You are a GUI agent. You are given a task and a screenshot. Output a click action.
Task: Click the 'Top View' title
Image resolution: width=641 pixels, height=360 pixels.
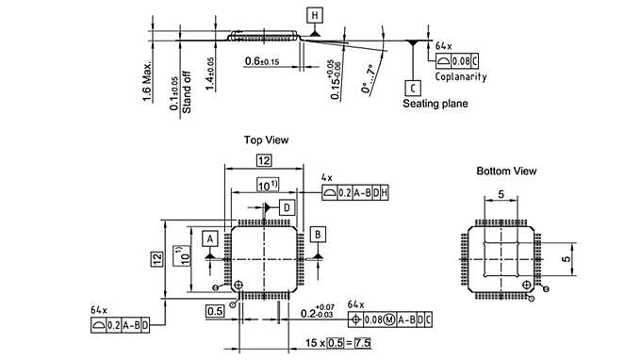click(x=266, y=139)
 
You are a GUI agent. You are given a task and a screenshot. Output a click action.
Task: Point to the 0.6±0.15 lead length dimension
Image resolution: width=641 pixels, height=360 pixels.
click(x=261, y=61)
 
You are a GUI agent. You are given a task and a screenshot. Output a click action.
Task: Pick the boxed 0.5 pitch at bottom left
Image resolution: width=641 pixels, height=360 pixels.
click(x=214, y=310)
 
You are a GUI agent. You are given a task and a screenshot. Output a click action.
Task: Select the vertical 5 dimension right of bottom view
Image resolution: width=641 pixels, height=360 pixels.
click(x=567, y=255)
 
